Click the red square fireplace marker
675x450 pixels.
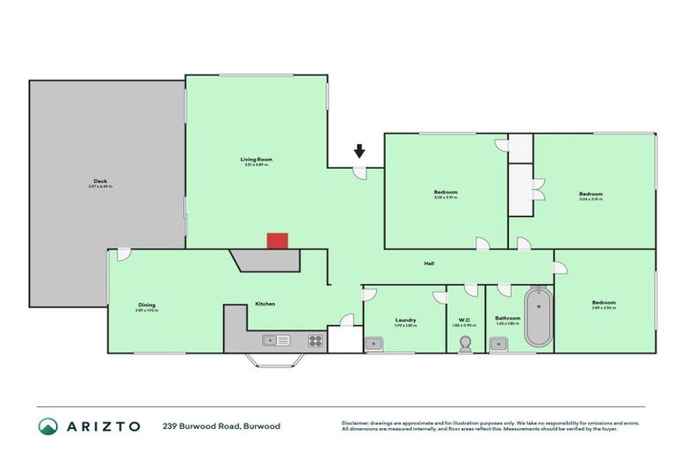point(277,241)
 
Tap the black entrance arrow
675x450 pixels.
point(359,153)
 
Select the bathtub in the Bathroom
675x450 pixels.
point(538,317)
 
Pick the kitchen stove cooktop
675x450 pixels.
point(315,340)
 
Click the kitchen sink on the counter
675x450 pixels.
point(271,340)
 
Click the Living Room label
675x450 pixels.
point(255,159)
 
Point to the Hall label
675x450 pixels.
point(430,263)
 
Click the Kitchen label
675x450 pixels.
point(265,304)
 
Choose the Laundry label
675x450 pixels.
point(405,320)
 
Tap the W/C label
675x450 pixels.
point(464,320)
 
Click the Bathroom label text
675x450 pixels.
point(508,318)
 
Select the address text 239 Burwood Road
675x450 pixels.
point(201,425)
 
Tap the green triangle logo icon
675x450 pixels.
point(48,425)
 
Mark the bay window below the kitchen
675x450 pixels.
point(275,359)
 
